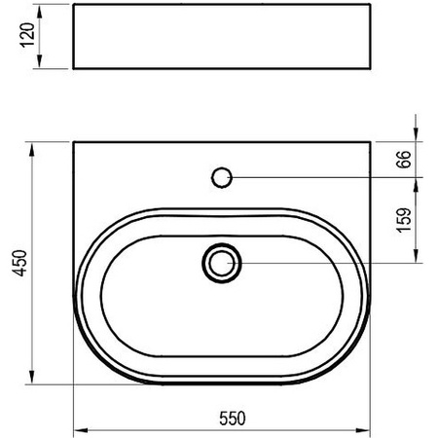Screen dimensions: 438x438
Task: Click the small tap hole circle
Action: [221, 177]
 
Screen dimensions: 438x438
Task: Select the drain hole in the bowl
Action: [222, 262]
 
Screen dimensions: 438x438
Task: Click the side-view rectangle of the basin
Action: [222, 37]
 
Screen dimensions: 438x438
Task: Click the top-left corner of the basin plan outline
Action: [74, 142]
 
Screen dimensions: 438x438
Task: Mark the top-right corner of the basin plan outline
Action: [371, 142]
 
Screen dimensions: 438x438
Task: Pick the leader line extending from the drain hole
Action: [321, 262]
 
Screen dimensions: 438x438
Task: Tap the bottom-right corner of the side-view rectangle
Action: [371, 68]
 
